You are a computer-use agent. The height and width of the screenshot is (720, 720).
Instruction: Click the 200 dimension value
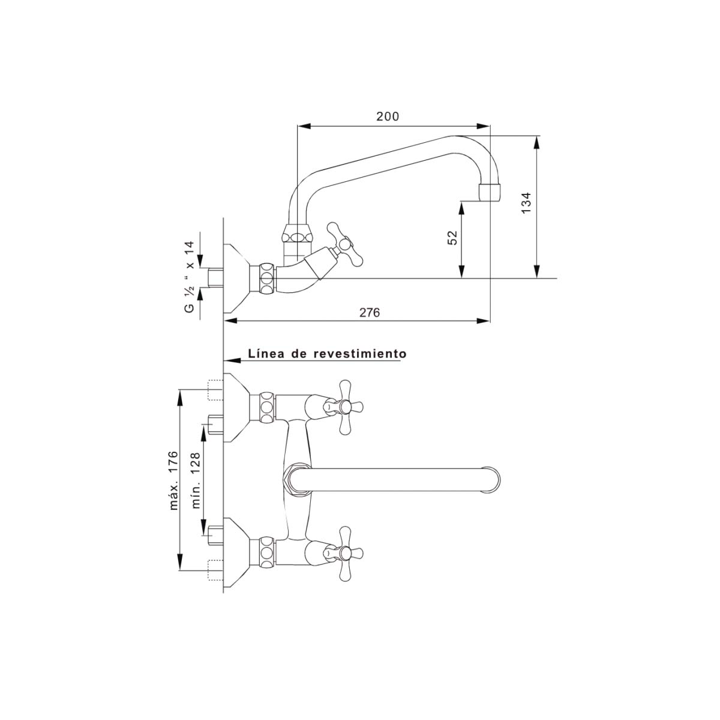point(388,116)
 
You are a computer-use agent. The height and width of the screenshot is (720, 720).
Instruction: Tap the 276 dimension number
point(370,313)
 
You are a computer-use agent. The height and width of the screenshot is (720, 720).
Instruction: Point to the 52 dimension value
point(452,238)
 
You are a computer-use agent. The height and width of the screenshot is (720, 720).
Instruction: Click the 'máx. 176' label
point(173,481)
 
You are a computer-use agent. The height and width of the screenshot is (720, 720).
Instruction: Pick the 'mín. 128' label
point(196,480)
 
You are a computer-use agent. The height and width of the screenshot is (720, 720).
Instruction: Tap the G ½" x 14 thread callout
point(190,277)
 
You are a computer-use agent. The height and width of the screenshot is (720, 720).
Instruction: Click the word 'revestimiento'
point(360,353)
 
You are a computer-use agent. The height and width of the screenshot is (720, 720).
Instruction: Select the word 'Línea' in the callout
point(265,353)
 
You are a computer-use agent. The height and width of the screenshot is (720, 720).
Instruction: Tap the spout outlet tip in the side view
point(490,193)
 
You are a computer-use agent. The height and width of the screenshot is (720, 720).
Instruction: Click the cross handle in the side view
point(344,244)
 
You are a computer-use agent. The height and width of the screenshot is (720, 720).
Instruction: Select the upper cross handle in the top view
point(344,407)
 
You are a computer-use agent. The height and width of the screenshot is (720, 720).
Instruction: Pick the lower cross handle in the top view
point(344,553)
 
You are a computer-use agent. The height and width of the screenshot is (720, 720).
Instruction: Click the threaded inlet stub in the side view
point(215,278)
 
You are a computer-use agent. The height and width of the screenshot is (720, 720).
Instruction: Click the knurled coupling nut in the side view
point(266,278)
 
